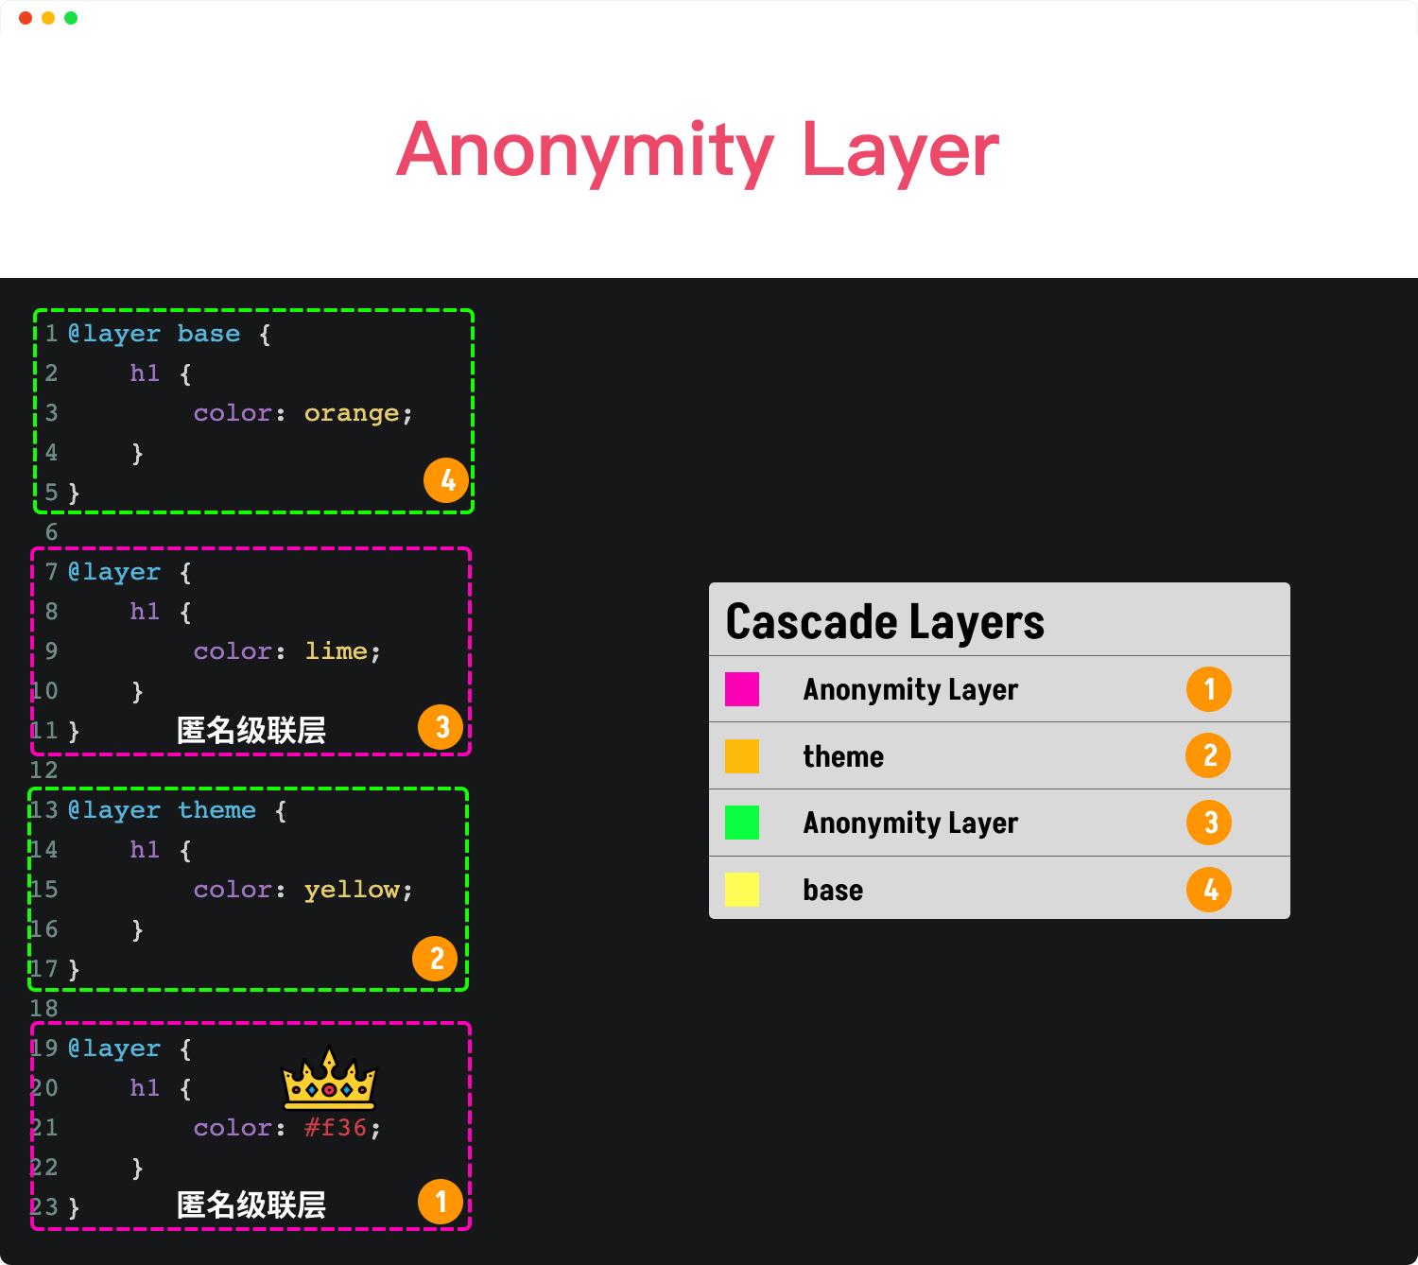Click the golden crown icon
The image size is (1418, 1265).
click(329, 1079)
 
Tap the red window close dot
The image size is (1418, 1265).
click(26, 18)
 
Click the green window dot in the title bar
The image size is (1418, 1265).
click(71, 18)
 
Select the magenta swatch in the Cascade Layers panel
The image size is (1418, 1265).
click(742, 689)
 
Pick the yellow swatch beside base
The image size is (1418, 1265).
click(742, 889)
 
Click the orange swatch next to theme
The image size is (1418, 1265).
click(742, 756)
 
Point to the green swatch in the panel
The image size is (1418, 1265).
click(742, 823)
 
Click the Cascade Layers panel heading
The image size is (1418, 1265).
click(885, 622)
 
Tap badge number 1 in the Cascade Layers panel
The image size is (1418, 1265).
click(1209, 689)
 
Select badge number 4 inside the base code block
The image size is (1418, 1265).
click(446, 480)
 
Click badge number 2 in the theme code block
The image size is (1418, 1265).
click(435, 959)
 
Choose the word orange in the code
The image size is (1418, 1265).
click(352, 413)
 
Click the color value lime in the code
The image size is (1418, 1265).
click(336, 651)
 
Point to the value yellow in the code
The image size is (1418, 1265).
click(352, 890)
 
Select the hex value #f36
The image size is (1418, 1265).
click(336, 1127)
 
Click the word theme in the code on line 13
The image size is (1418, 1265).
click(217, 810)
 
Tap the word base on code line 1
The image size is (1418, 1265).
click(209, 333)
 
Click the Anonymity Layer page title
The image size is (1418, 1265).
click(698, 150)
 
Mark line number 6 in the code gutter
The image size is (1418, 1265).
click(51, 532)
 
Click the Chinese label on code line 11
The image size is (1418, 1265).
click(251, 730)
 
